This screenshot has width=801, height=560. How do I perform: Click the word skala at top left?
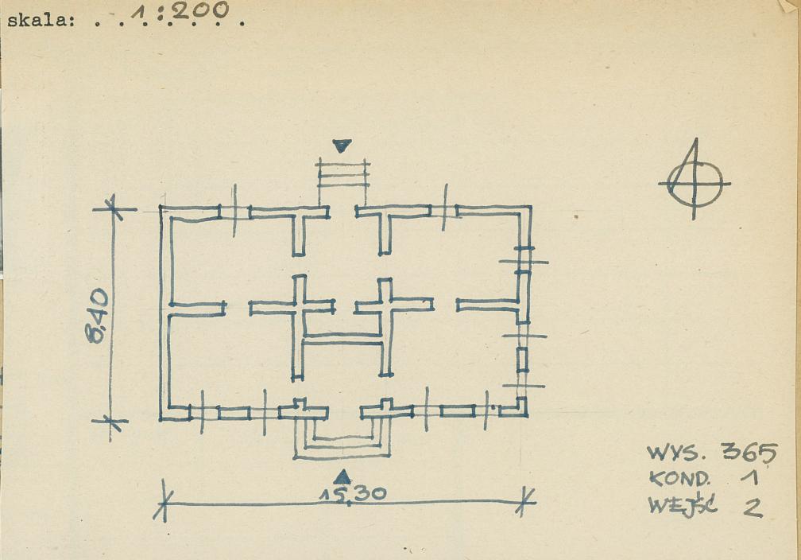[x=41, y=21]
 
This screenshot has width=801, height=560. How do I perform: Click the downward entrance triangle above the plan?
[x=342, y=146]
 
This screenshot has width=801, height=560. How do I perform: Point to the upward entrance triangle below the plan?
[x=342, y=477]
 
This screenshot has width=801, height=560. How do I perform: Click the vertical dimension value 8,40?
[x=98, y=315]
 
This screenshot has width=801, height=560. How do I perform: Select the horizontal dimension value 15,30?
[x=353, y=495]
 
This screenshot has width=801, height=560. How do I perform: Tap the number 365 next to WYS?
[x=749, y=452]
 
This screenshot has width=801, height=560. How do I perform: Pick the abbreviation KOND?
[x=679, y=479]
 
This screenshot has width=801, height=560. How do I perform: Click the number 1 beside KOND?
[x=749, y=477]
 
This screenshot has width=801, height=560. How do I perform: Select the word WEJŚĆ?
[x=683, y=505]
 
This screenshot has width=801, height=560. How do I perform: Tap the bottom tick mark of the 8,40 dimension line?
[x=111, y=422]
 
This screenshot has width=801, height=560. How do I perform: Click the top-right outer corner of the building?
[x=531, y=207]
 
